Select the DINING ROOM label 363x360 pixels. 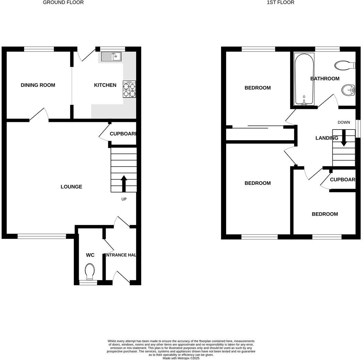(38, 85)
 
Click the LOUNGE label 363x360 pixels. (71, 187)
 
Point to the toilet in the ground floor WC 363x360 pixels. (90, 271)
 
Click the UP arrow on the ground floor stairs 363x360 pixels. (124, 183)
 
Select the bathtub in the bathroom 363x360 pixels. (304, 79)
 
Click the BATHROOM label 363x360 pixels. (325, 79)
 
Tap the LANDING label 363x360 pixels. (327, 138)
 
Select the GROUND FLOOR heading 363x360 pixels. (63, 2)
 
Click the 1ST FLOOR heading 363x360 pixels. (280, 2)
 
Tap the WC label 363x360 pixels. (90, 255)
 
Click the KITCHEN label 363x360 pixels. (105, 85)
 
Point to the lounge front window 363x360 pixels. (42, 236)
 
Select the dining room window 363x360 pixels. (39, 49)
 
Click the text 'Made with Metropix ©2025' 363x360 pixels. (181, 358)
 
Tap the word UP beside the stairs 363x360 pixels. (124, 199)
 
